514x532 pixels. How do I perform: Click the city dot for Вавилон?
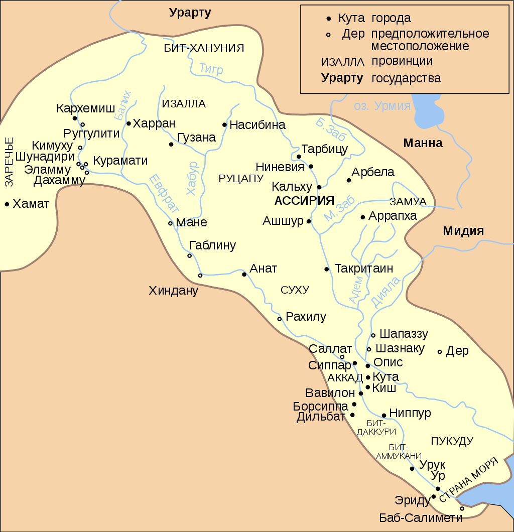(361, 393)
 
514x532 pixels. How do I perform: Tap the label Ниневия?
(280, 167)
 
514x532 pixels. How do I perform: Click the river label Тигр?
(211, 69)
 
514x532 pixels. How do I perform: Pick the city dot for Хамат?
(7, 204)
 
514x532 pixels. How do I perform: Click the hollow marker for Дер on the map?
(440, 352)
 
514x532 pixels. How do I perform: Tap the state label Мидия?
(463, 231)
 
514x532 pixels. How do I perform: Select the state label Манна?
(423, 144)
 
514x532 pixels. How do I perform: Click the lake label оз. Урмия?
(382, 106)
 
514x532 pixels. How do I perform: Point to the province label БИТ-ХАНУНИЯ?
(204, 48)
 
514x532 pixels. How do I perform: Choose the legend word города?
(391, 19)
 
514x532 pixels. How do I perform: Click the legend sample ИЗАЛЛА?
(342, 62)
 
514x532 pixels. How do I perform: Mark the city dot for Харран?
(128, 123)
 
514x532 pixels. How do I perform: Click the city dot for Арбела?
(349, 180)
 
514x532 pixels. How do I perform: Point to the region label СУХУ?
(295, 290)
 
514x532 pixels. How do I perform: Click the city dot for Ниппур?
(384, 415)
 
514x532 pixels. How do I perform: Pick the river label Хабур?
(192, 178)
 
